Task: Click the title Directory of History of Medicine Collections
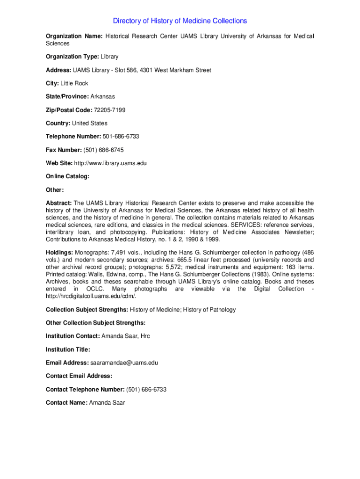click(x=180, y=21)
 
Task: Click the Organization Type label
click(x=72, y=57)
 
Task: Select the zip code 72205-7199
click(x=109, y=110)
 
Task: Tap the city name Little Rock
click(x=74, y=83)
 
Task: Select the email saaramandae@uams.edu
click(x=124, y=363)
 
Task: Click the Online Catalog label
click(x=67, y=176)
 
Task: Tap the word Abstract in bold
click(x=58, y=203)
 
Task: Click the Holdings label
click(x=59, y=253)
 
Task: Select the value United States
click(x=89, y=123)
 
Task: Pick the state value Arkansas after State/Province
click(x=102, y=96)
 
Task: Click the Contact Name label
click(x=66, y=403)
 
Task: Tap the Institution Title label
click(x=68, y=349)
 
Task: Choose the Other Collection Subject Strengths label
click(x=95, y=323)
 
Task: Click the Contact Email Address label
click(x=79, y=376)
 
